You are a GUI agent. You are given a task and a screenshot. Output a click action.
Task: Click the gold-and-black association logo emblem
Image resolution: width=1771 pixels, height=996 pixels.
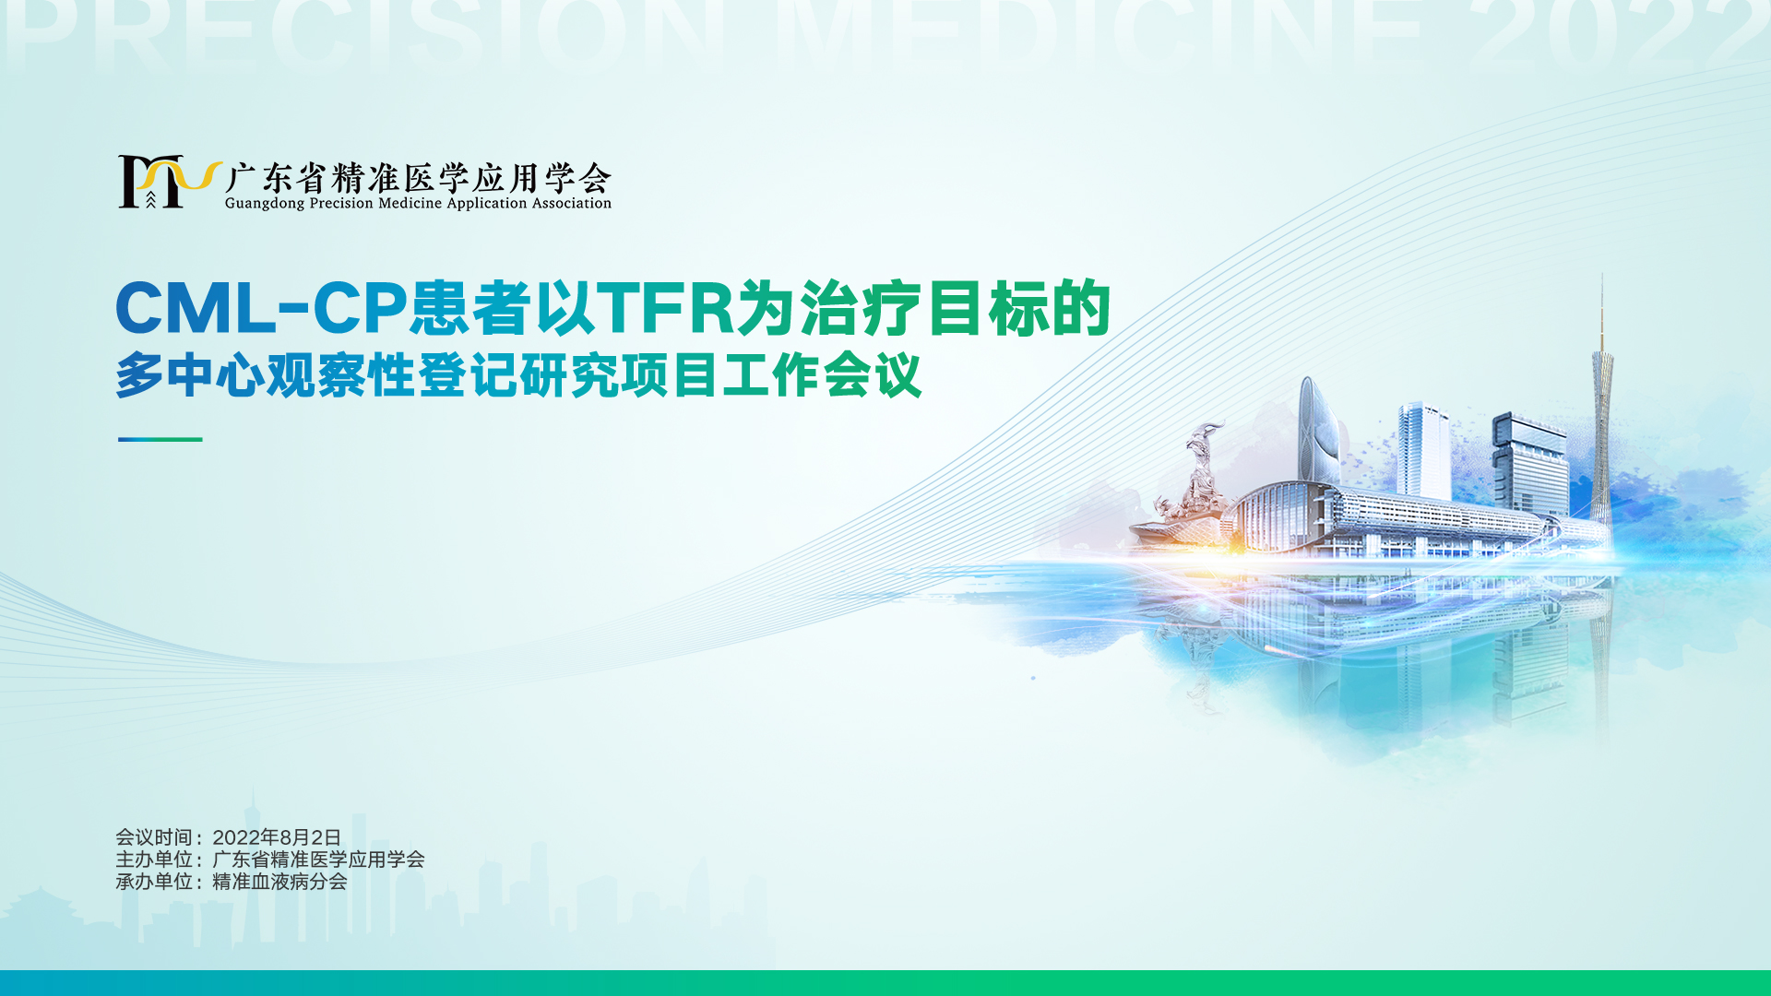click(x=170, y=182)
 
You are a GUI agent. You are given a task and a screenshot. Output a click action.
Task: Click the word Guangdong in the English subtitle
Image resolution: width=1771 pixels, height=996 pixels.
click(x=265, y=204)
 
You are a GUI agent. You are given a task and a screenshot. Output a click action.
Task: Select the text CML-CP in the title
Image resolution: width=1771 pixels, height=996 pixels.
click(x=261, y=308)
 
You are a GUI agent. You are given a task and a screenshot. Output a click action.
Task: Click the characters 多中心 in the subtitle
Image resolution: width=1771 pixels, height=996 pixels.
click(x=190, y=375)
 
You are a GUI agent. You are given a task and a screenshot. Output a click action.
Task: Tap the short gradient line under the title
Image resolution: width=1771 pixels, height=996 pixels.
click(x=160, y=439)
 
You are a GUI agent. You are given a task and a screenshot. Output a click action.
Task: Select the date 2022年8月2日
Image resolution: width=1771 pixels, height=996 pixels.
click(x=277, y=837)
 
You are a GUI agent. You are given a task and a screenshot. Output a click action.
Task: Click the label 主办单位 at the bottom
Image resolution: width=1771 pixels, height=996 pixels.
click(x=154, y=860)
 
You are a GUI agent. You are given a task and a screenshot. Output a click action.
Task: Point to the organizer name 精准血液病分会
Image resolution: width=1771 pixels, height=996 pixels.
click(x=279, y=882)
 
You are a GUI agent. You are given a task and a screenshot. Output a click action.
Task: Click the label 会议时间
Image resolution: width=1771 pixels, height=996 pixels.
click(x=154, y=837)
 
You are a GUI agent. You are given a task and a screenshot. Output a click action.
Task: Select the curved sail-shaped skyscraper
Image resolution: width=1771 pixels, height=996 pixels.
click(x=1320, y=433)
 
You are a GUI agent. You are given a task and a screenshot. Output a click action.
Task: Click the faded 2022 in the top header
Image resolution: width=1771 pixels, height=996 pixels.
click(x=1619, y=35)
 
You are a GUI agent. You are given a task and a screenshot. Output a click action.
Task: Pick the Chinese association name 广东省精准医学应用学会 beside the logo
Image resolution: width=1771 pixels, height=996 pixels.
click(x=418, y=177)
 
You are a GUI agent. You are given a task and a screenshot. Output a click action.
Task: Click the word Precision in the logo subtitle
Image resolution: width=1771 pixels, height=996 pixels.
click(x=341, y=204)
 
